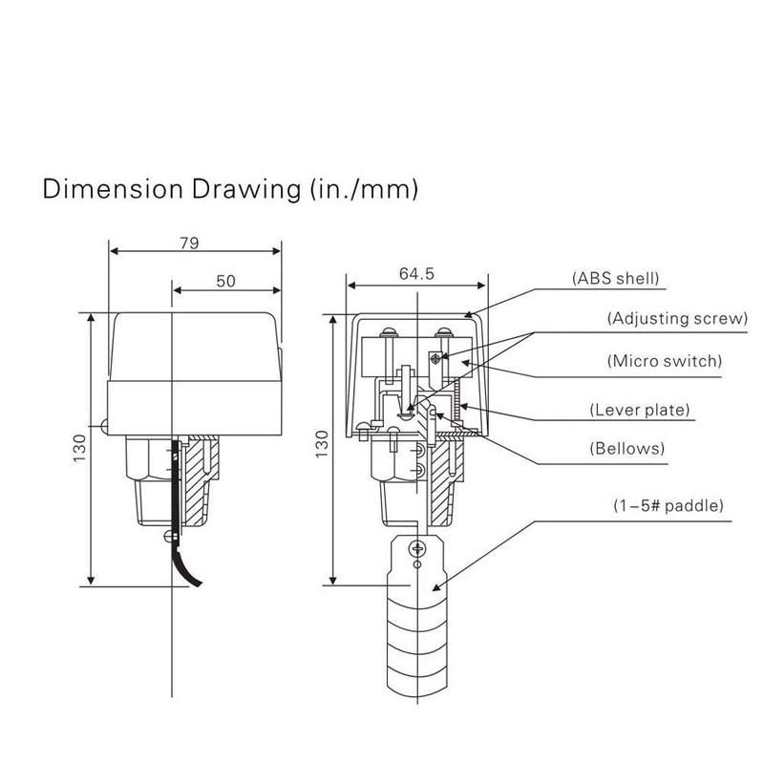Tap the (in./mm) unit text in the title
[x=364, y=189]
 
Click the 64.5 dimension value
[x=417, y=274]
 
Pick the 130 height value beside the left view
[x=79, y=449]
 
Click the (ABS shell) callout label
[x=616, y=279]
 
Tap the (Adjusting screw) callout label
[x=676, y=319]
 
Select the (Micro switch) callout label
[x=664, y=361]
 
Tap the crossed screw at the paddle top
[x=415, y=548]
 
